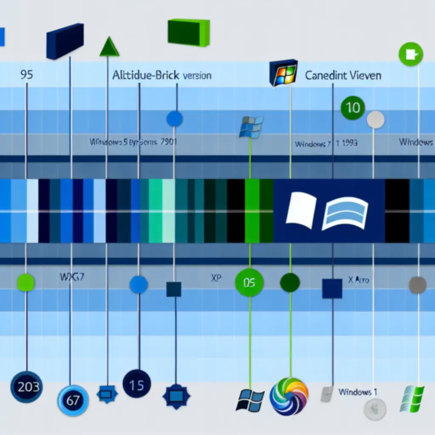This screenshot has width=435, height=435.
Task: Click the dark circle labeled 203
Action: point(26,386)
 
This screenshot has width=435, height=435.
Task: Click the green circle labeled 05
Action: point(249,282)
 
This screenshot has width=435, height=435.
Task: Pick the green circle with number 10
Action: point(353,107)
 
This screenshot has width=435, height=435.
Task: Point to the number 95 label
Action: point(26,75)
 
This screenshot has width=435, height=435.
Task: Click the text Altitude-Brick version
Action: point(161,76)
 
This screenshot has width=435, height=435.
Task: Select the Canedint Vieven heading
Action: point(343,76)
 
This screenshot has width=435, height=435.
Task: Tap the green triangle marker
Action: point(109,47)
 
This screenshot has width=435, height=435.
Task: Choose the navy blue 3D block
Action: point(65,41)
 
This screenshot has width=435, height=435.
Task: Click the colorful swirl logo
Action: point(289,396)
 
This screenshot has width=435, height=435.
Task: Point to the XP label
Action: point(216,279)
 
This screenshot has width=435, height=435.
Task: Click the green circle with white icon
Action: point(411,54)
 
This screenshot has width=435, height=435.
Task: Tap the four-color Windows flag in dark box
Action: point(282,73)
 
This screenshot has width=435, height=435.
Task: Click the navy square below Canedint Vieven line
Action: point(332,288)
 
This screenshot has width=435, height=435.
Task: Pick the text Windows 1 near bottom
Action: point(358,392)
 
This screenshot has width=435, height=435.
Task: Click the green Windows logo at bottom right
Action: point(412,398)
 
